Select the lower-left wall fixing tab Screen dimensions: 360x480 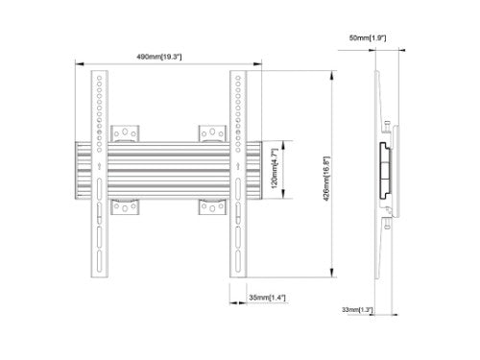point(125,207)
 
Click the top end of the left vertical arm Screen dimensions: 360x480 point(100,75)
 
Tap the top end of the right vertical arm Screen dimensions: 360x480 point(236,75)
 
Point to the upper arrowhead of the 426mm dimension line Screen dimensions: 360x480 point(332,73)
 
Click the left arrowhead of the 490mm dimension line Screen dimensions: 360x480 point(79,65)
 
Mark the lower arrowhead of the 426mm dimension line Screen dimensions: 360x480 point(332,272)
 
